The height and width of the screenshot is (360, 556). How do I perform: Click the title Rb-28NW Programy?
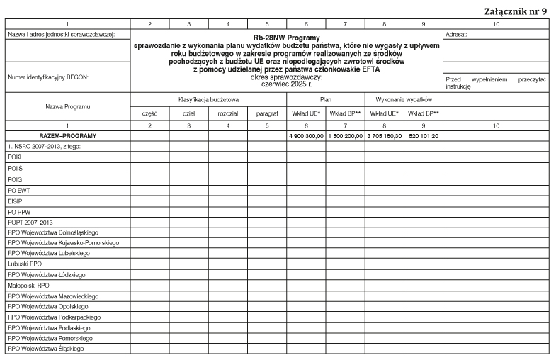coord(286,36)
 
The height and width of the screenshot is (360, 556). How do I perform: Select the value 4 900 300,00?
coord(306,135)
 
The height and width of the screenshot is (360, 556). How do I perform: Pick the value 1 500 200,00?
coord(345,135)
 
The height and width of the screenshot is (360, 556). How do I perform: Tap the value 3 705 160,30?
coord(384,135)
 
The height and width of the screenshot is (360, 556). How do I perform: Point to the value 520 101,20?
coord(423,135)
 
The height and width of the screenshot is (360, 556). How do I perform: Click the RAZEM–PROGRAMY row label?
coord(68,135)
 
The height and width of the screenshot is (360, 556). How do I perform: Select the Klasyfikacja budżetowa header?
coord(208,100)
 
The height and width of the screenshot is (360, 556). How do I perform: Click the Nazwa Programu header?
coord(68,106)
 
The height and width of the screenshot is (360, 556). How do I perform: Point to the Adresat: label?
coord(457,33)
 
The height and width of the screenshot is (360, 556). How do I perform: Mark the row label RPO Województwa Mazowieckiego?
coord(54,296)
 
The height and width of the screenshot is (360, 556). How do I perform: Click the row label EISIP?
coord(16,199)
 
